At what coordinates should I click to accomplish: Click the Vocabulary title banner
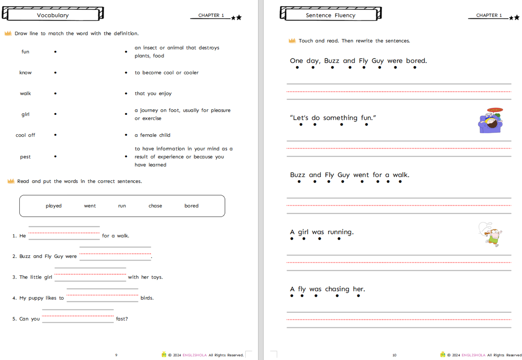point(53,15)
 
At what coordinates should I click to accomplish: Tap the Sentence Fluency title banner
point(330,15)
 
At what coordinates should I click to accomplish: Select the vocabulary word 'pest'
point(25,157)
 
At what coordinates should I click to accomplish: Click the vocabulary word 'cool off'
point(25,135)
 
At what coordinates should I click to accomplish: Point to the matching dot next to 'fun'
point(55,52)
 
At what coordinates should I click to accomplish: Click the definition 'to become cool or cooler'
point(167,73)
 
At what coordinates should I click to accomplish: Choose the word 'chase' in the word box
point(155,206)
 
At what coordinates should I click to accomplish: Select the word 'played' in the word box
point(54,206)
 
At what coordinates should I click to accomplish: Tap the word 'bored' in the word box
point(191,206)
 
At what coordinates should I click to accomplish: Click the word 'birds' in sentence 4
point(147,298)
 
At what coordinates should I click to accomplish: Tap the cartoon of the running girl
point(491,234)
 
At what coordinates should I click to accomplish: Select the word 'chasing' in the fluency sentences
point(337,289)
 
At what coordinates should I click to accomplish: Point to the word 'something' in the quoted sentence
point(340,118)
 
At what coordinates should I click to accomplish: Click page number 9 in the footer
point(116,355)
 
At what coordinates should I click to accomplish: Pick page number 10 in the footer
point(394,355)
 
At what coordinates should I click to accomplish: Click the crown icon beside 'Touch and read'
point(292,41)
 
